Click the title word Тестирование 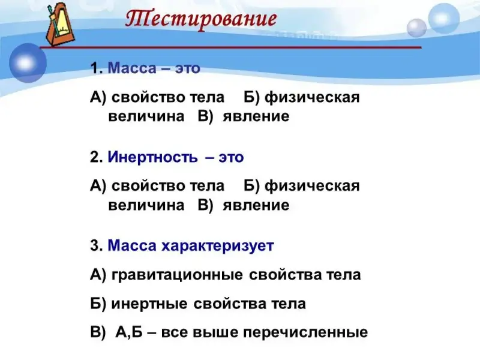201,19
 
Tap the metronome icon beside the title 60,25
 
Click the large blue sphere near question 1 28,63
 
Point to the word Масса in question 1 132,68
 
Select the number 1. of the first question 97,68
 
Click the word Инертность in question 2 153,157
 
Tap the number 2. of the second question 97,157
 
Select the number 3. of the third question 97,246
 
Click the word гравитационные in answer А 177,275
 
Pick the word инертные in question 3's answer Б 149,304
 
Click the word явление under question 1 256,116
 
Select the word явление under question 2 256,205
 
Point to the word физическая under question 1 312,98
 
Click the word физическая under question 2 312,187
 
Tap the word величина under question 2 146,205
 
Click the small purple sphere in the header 416,28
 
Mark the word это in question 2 231,158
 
